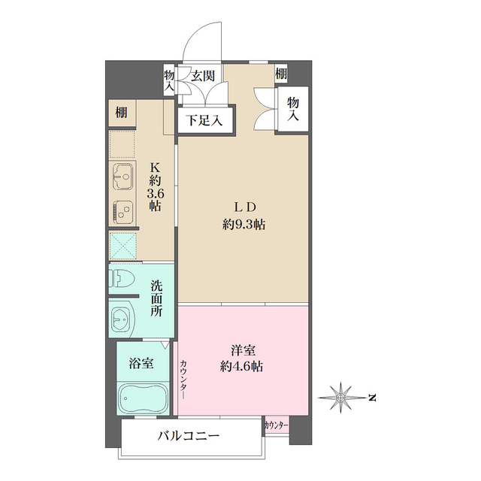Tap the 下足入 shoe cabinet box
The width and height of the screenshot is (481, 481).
(x=205, y=119)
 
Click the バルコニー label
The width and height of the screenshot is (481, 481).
(x=189, y=435)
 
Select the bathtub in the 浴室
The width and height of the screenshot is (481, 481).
(x=143, y=396)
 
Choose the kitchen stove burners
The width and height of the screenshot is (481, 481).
(x=123, y=212)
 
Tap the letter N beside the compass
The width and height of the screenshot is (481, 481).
(x=371, y=395)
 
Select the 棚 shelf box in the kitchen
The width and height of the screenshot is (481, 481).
(x=121, y=113)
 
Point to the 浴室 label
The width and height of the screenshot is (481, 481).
(x=142, y=364)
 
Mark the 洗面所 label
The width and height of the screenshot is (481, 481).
(x=156, y=298)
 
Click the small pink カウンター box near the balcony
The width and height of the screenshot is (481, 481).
(x=276, y=425)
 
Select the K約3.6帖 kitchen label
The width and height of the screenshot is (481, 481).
(x=156, y=186)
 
